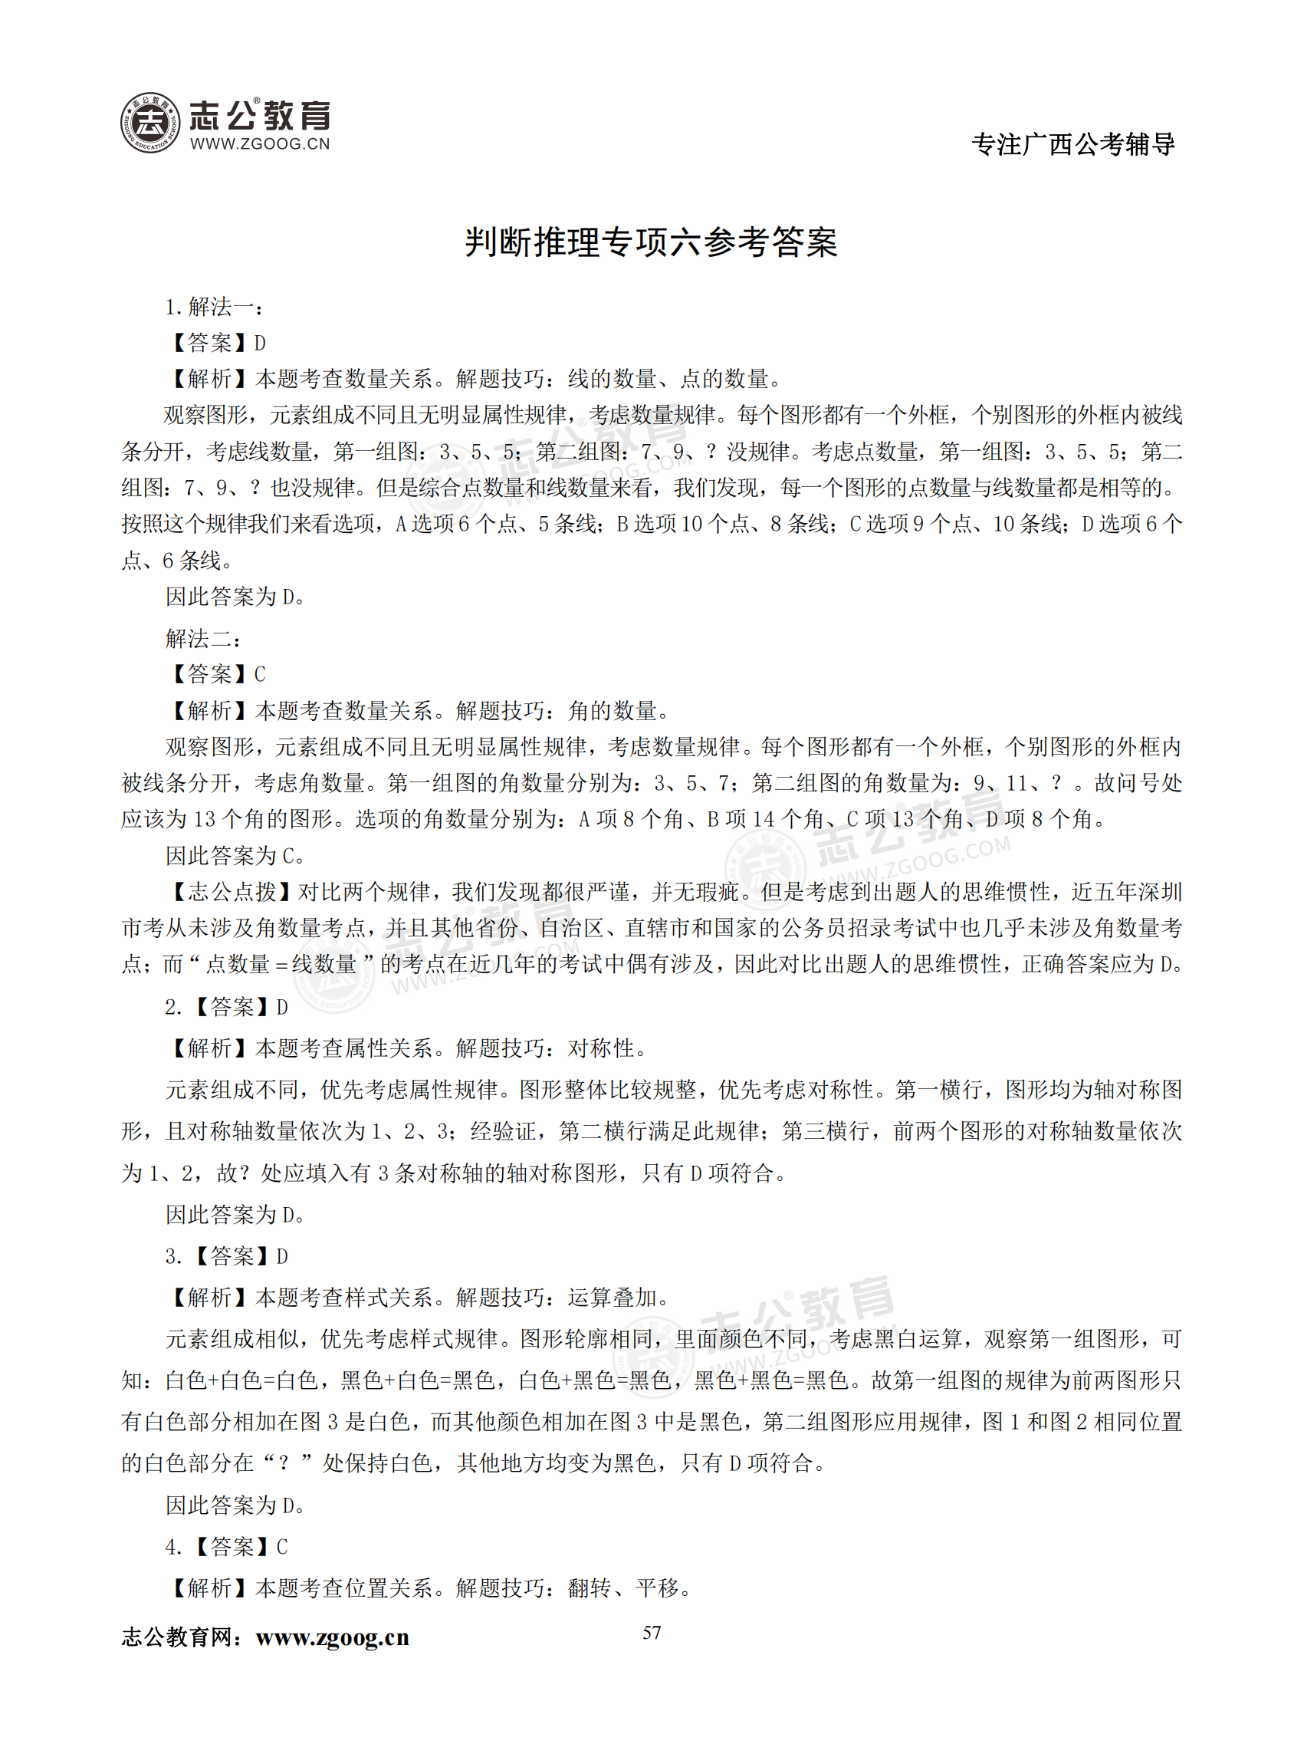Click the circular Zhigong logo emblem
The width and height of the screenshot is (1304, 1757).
[x=150, y=123]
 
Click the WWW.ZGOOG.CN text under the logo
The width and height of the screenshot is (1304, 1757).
[x=260, y=143]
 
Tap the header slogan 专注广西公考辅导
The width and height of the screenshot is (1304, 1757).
[x=1072, y=143]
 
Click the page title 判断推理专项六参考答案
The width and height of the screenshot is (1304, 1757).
[x=650, y=242]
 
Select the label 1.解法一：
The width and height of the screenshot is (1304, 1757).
[x=214, y=307]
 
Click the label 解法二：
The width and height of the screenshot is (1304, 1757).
[x=203, y=638]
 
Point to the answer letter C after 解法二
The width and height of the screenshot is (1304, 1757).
[x=260, y=674]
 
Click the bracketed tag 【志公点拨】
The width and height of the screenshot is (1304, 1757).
[x=231, y=893]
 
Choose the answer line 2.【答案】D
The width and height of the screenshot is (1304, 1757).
[x=227, y=1007]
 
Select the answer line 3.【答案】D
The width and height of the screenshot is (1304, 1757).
[x=227, y=1255]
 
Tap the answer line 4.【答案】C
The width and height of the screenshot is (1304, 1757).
[x=227, y=1546]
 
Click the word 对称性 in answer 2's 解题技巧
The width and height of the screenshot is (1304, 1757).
[x=601, y=1048]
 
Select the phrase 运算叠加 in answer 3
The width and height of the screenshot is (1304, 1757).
[x=612, y=1298]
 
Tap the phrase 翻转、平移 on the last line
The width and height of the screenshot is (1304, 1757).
[x=622, y=1588]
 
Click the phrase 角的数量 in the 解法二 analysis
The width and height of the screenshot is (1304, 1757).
[x=612, y=711]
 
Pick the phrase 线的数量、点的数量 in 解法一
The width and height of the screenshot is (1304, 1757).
[x=668, y=379]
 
